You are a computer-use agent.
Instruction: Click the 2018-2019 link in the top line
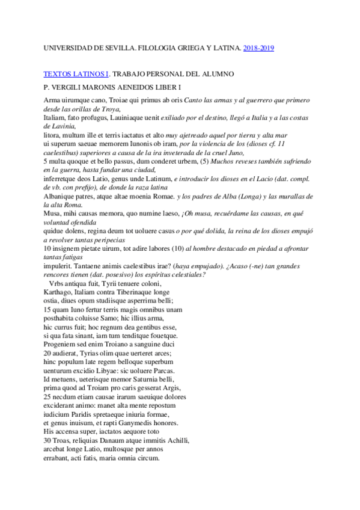[258, 48]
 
